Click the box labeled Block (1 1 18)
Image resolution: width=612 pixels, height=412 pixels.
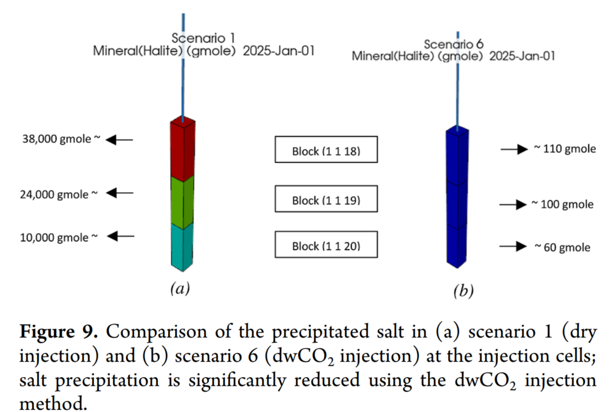(x=325, y=150)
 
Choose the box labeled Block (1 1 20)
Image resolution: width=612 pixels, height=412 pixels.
(x=325, y=245)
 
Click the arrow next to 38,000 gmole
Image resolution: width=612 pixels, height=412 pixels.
(x=119, y=140)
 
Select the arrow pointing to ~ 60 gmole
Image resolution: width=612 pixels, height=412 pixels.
(x=514, y=247)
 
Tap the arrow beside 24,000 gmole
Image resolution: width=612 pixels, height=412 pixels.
(x=119, y=193)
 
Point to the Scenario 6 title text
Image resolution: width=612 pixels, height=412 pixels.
(x=454, y=44)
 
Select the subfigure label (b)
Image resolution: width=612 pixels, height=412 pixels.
(x=463, y=292)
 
